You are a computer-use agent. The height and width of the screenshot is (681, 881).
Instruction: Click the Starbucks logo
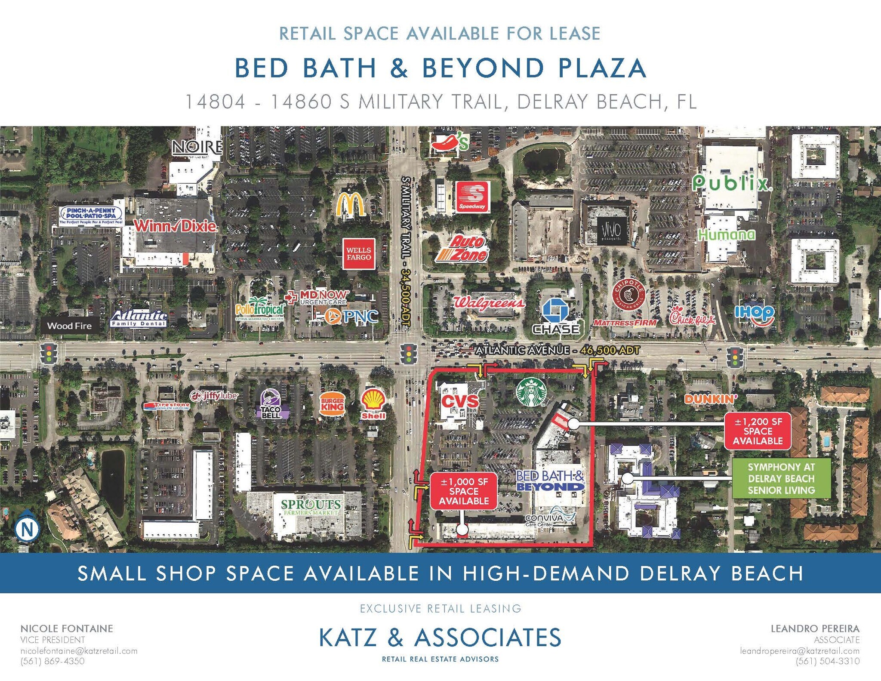pyautogui.click(x=531, y=391)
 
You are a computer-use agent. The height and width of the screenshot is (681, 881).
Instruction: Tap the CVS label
pyautogui.click(x=460, y=401)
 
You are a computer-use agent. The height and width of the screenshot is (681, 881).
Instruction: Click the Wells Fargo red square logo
pyautogui.click(x=359, y=253)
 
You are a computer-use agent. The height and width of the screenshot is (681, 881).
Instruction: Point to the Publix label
pyautogui.click(x=732, y=184)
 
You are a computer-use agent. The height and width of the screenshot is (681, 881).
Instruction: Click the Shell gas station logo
pyautogui.click(x=373, y=404)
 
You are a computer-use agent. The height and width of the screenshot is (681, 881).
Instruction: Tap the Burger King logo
pyautogui.click(x=333, y=404)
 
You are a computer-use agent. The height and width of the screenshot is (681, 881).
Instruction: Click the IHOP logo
pyautogui.click(x=754, y=314)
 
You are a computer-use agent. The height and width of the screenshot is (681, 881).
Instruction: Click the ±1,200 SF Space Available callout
pyautogui.click(x=758, y=431)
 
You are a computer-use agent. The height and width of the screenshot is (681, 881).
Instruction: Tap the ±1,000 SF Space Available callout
pyautogui.click(x=464, y=491)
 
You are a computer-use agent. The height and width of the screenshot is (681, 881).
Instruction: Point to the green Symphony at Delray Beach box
pyautogui.click(x=781, y=478)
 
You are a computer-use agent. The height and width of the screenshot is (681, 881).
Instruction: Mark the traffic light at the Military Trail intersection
pyautogui.click(x=408, y=354)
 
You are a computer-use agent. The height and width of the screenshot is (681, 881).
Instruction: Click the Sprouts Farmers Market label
pyautogui.click(x=311, y=507)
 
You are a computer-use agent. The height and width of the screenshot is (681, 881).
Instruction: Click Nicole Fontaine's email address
pyautogui.click(x=79, y=651)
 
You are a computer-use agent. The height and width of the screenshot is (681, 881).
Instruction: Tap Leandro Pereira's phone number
pyautogui.click(x=828, y=661)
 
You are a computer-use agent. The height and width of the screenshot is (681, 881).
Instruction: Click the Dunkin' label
pyautogui.click(x=711, y=399)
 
